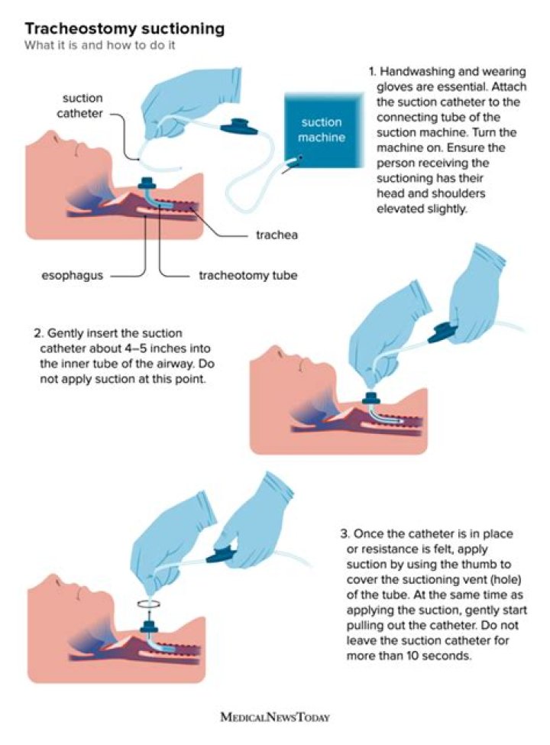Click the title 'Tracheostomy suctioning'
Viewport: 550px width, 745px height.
pos(125,29)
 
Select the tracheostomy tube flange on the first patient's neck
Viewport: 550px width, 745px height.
pos(146,184)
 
